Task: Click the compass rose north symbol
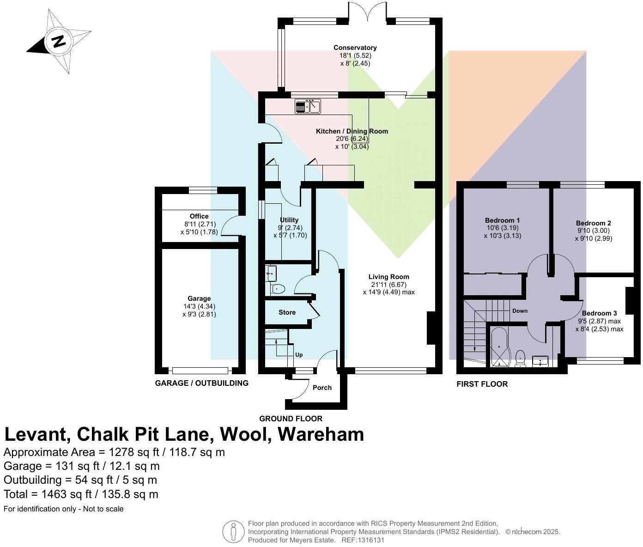coord(58,42)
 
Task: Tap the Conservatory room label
coord(355,48)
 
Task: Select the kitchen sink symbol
coord(308,106)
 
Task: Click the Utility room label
coord(289,220)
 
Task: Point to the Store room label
coord(287,312)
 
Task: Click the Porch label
coord(322,388)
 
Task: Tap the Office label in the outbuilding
coord(199,216)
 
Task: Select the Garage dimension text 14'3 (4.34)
coord(199,306)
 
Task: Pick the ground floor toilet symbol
coord(277,290)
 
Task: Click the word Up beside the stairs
coord(299,355)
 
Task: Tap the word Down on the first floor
coord(520,311)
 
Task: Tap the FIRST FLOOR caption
coord(482,384)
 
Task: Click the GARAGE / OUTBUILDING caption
coord(201,383)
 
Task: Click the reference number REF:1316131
coord(363,540)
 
